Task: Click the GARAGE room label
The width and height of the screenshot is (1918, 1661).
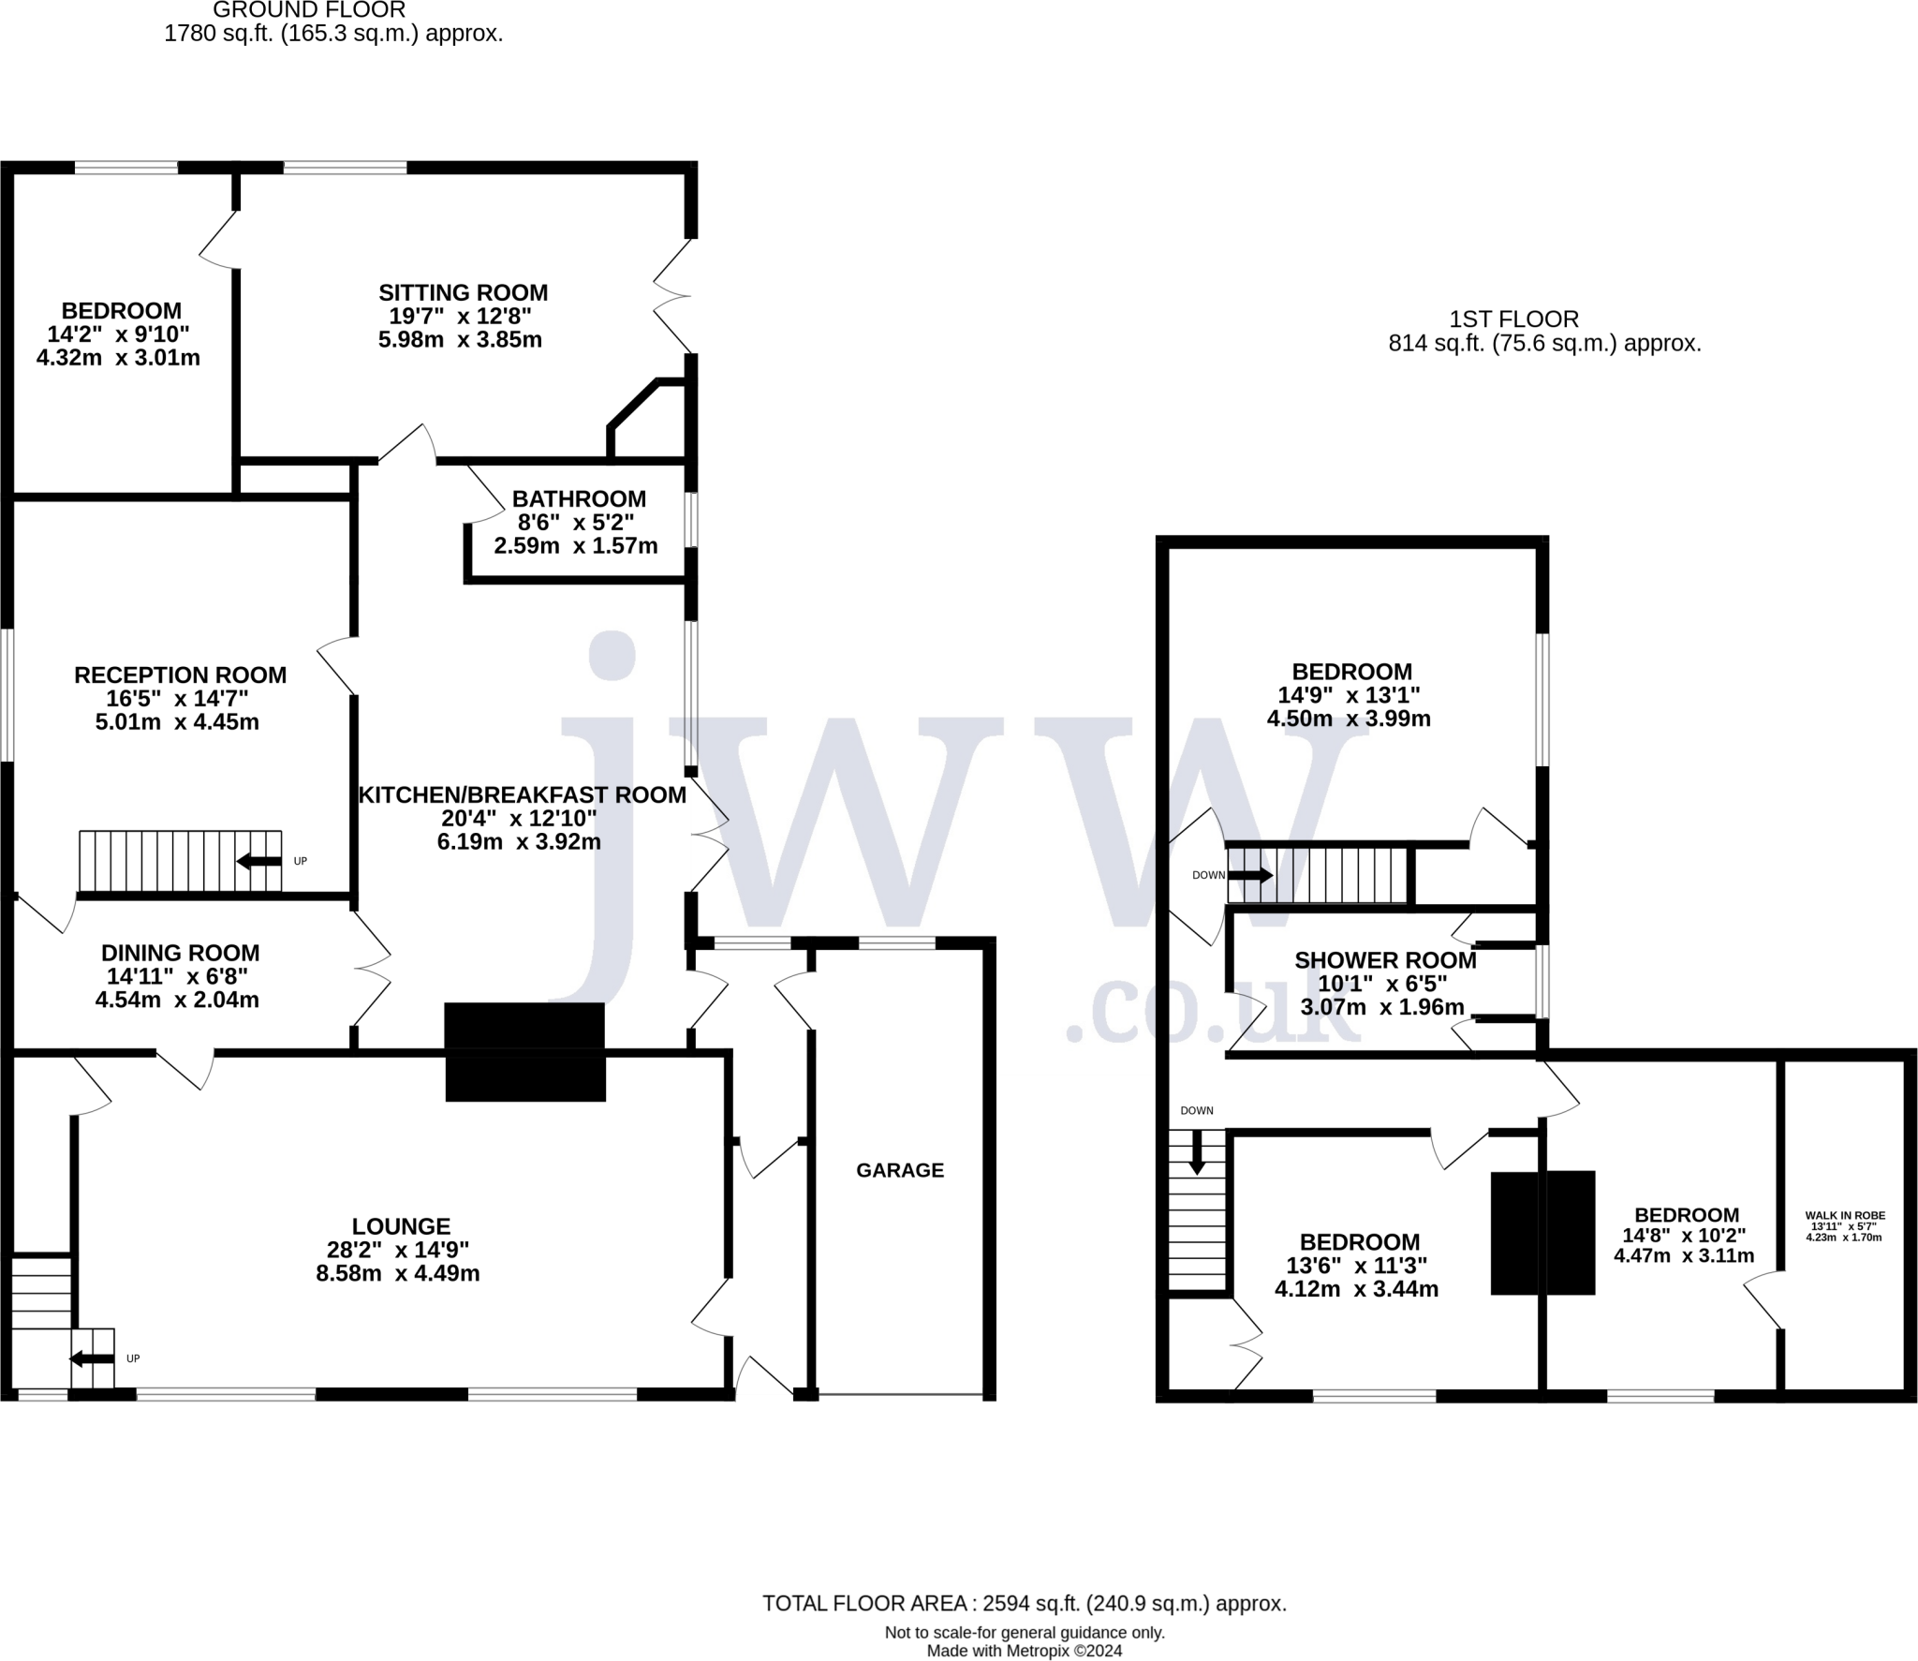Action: pyautogui.click(x=900, y=1170)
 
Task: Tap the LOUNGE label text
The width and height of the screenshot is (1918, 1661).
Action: pyautogui.click(x=401, y=1226)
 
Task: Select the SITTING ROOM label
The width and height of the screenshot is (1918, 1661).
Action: pyautogui.click(x=463, y=292)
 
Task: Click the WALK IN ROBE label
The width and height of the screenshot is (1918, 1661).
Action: pyautogui.click(x=1845, y=1216)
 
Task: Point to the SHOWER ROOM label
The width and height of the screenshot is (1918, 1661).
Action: pyautogui.click(x=1385, y=960)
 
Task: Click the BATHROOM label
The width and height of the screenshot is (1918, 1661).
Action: pyautogui.click(x=579, y=498)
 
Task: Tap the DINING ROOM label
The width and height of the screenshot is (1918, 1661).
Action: pyautogui.click(x=180, y=953)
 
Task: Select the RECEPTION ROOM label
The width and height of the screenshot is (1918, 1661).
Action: pyautogui.click(x=180, y=675)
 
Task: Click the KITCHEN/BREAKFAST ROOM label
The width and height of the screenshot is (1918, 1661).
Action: pyautogui.click(x=523, y=795)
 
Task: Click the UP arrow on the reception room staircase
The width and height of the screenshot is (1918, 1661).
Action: pyautogui.click(x=259, y=861)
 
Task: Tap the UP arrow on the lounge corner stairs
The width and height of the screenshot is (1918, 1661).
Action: pyautogui.click(x=93, y=1358)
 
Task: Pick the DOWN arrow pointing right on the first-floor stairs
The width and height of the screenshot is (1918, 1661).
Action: pyautogui.click(x=1250, y=876)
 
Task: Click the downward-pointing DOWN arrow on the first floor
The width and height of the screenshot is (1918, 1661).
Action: pyautogui.click(x=1197, y=1153)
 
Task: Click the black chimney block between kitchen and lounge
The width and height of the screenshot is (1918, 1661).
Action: pyautogui.click(x=524, y=1051)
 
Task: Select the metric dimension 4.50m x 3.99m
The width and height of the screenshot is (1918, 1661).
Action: pyautogui.click(x=1349, y=719)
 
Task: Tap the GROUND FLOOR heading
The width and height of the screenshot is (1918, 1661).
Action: pyautogui.click(x=309, y=10)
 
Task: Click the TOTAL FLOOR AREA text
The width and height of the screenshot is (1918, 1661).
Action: pyautogui.click(x=1024, y=1603)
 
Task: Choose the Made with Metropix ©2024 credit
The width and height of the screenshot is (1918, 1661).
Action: pyautogui.click(x=1024, y=1651)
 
